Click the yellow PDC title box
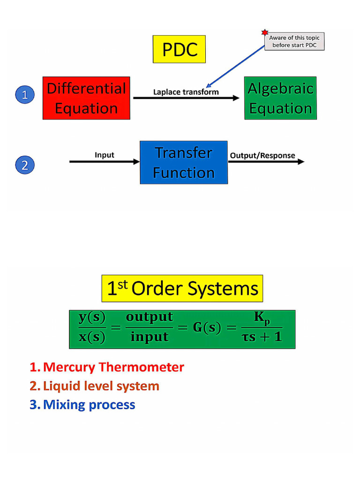[179, 49]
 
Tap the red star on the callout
[265, 32]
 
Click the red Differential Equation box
[86, 98]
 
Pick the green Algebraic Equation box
[280, 98]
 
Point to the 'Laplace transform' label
[186, 92]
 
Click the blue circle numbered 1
[25, 95]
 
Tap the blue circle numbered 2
[25, 165]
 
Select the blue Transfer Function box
[183, 162]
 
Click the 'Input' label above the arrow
[105, 155]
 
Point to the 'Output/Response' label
[262, 156]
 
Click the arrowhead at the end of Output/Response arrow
[301, 162]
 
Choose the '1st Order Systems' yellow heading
[182, 288]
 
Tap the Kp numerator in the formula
[262, 318]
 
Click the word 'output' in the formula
[150, 317]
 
